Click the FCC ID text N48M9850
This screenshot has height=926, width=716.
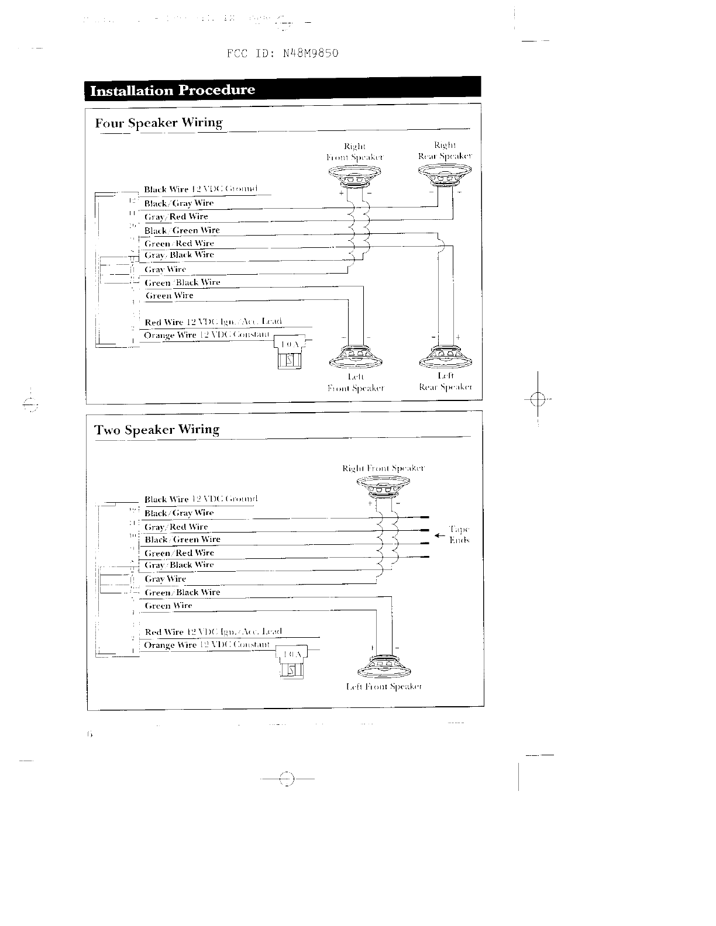pyautogui.click(x=283, y=54)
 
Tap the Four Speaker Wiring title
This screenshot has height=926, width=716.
pyautogui.click(x=159, y=123)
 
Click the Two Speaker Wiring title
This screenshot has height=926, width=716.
pyautogui.click(x=157, y=430)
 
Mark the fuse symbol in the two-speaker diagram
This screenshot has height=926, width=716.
pyautogui.click(x=291, y=662)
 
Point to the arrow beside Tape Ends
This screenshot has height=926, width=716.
pyautogui.click(x=440, y=535)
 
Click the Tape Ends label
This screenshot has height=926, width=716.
pyautogui.click(x=459, y=534)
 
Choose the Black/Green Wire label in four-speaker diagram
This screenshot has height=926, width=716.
pyautogui.click(x=182, y=230)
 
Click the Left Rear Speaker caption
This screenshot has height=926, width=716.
pyautogui.click(x=446, y=381)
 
